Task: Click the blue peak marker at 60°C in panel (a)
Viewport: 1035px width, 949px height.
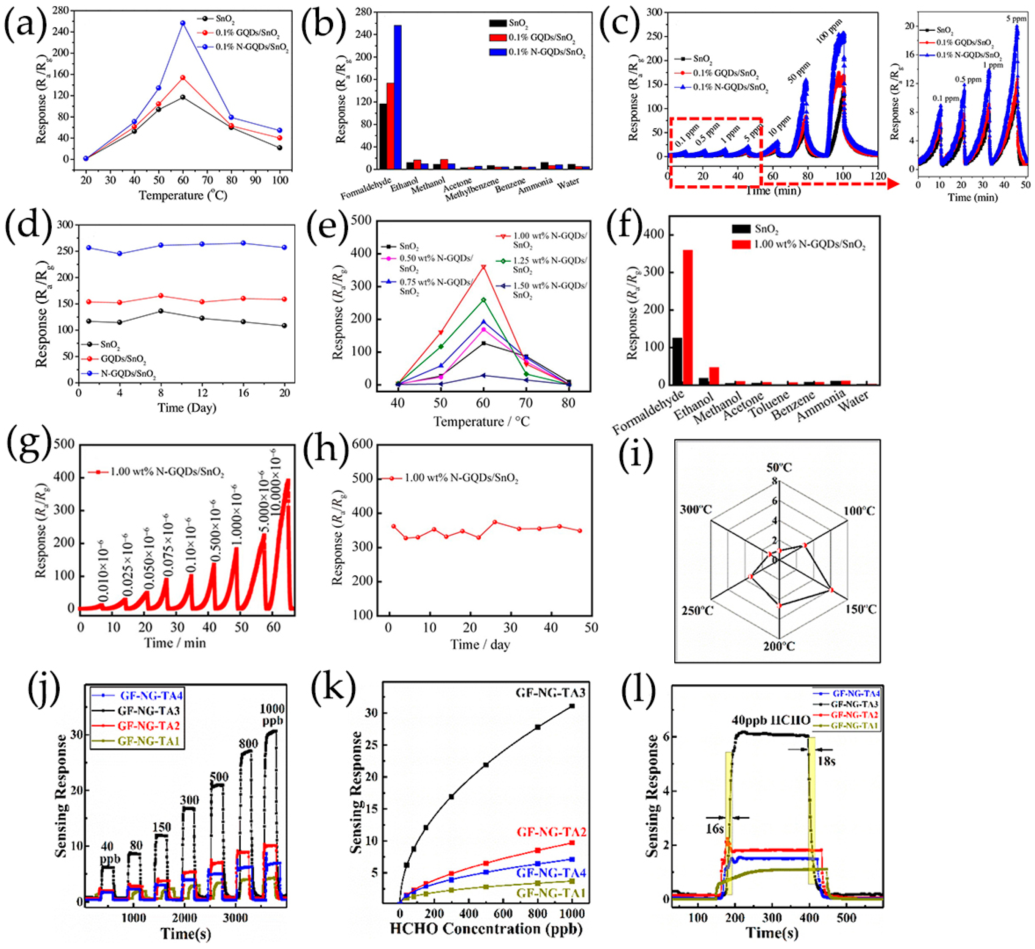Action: tap(183, 23)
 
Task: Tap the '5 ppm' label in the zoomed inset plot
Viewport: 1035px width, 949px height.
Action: tap(1016, 19)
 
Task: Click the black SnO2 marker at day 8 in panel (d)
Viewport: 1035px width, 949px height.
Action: tap(161, 311)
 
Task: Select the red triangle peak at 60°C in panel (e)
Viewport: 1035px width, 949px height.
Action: tap(483, 267)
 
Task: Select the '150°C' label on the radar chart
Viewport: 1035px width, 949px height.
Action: tap(861, 609)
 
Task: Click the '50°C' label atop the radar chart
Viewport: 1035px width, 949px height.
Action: tap(779, 467)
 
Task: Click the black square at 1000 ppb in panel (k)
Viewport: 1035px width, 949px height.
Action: tap(572, 706)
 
